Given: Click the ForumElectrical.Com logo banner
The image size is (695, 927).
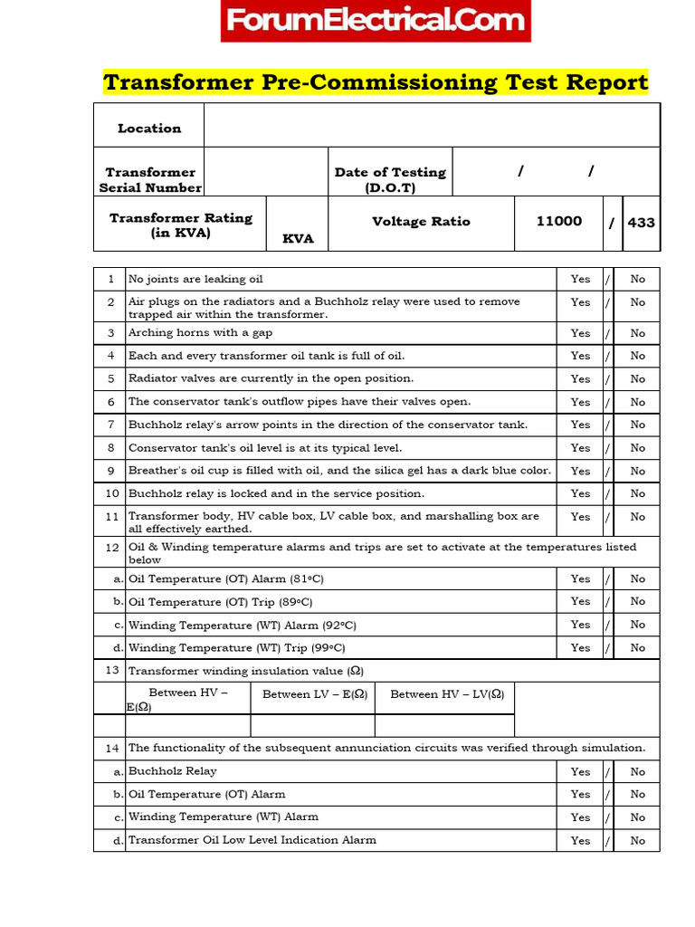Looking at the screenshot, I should (x=376, y=21).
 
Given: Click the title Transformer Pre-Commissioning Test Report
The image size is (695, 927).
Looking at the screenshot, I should (x=376, y=82).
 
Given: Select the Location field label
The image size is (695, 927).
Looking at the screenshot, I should (x=149, y=129).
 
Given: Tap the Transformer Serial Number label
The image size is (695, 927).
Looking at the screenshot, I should (x=150, y=179).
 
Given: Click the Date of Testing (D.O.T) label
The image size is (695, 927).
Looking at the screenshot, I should (x=390, y=179).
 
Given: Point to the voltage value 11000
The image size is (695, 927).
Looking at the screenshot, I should (x=558, y=221).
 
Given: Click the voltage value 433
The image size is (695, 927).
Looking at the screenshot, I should (x=641, y=222).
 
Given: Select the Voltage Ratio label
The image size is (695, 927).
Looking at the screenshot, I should (x=421, y=221).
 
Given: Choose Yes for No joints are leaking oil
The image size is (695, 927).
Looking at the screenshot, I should (x=580, y=279).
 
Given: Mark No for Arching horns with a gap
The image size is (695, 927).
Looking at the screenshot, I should (x=638, y=333).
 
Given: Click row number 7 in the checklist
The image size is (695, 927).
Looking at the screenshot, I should (x=110, y=425).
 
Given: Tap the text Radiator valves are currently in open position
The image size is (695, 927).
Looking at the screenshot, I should (x=271, y=378).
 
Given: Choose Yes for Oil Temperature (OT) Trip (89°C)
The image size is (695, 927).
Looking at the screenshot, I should (x=580, y=601).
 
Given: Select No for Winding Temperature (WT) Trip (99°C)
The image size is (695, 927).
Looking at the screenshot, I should (x=638, y=648).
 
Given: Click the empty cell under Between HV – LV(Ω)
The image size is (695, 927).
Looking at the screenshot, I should (x=444, y=725).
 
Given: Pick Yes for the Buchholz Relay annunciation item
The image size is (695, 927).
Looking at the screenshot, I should (x=580, y=772).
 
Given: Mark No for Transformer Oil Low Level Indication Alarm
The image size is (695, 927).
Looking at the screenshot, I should (x=638, y=840).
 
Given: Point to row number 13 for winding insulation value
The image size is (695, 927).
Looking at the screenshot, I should (x=111, y=670).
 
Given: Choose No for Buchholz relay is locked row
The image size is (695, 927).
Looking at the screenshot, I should (x=638, y=493).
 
